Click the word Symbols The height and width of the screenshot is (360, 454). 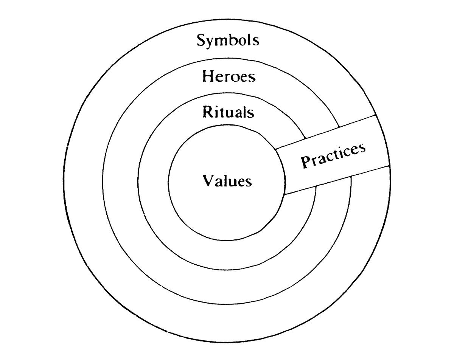(228, 41)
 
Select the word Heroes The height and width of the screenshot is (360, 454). (229, 76)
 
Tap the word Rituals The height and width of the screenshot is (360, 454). (228, 112)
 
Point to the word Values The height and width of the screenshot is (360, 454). (227, 181)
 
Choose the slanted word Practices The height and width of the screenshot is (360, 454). (333, 156)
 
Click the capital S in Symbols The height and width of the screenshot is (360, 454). (201, 40)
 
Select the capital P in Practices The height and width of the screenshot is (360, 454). (306, 162)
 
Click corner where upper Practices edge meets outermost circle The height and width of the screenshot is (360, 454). (375, 115)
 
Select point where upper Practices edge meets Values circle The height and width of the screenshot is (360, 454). (275, 149)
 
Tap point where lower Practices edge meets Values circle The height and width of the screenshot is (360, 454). (285, 194)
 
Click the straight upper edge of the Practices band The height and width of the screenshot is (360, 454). (325, 132)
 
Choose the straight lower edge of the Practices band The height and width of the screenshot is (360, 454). (337, 180)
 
